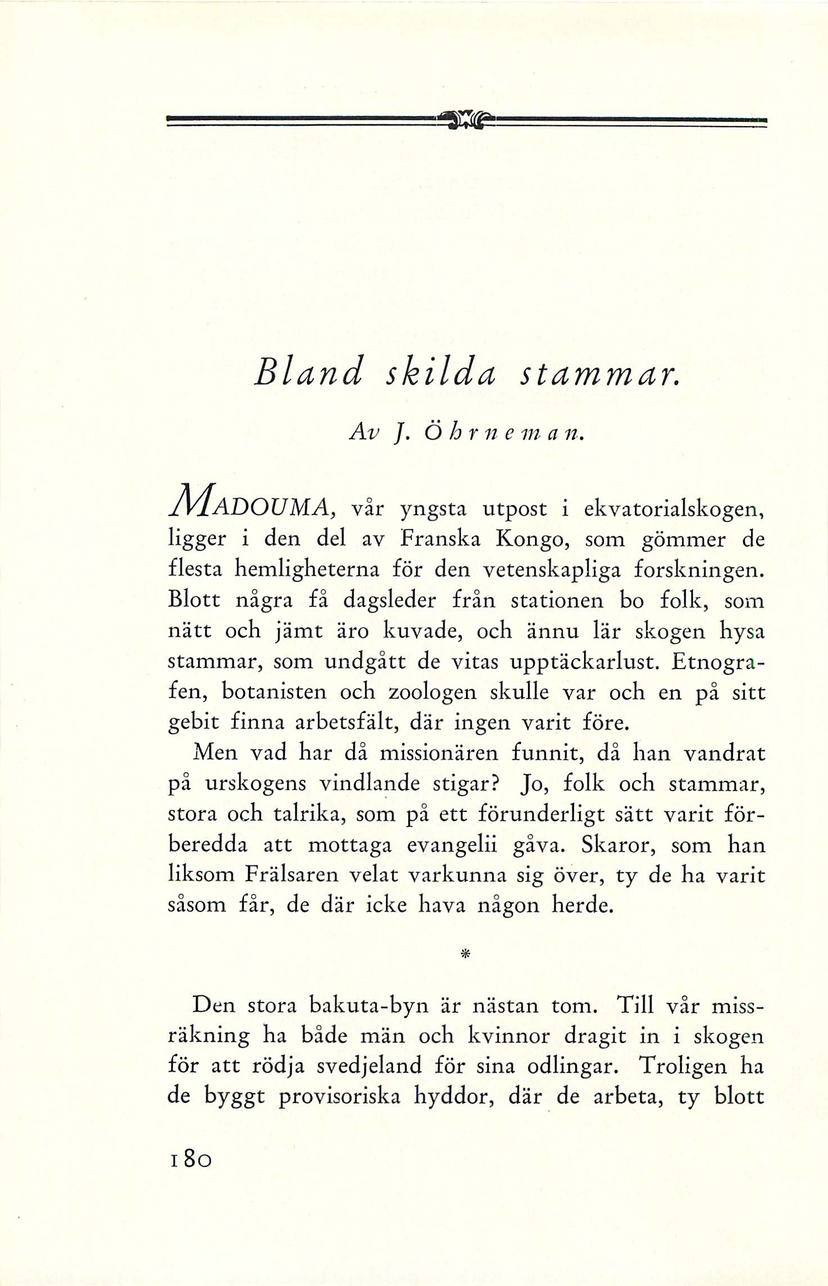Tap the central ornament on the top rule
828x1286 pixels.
coord(466,119)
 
